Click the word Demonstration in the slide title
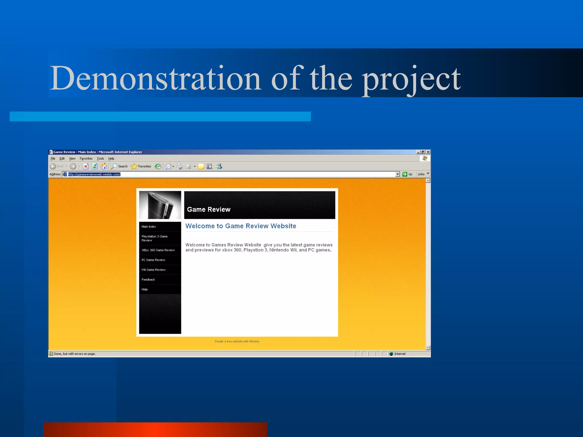coord(155,78)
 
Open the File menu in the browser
coord(53,159)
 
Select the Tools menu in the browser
coord(100,159)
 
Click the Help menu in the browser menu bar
coord(111,159)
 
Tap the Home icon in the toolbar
coord(104,166)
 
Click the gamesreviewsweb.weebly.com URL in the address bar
coord(94,174)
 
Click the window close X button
coord(428,152)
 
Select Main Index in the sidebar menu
coord(149,227)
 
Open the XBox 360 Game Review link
coord(158,250)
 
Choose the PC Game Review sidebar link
coord(153,260)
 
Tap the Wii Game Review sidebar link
coord(154,270)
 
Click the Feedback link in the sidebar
coord(148,280)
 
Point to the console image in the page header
coord(160,205)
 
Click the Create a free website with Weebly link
coord(237,341)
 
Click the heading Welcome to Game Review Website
coord(241,226)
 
